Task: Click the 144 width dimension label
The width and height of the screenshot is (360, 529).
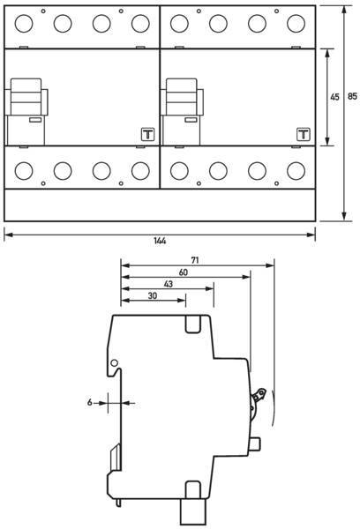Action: coord(160,241)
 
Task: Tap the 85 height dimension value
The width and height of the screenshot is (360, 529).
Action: coord(352,96)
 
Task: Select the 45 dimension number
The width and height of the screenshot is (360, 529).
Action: coord(334,97)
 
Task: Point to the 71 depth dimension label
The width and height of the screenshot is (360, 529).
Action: coord(194,260)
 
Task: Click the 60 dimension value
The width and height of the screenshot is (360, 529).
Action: coord(183,272)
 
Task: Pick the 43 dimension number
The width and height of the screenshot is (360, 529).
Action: coord(169,284)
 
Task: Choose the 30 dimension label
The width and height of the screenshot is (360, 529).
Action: coord(153,296)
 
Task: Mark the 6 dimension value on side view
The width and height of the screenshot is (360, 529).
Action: coord(89,403)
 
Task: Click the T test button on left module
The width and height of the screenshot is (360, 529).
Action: coord(148,134)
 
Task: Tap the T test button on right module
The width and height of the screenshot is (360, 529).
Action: coord(304,134)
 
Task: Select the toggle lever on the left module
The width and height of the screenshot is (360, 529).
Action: coord(26,97)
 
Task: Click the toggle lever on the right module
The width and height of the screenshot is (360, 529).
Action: coord(182,97)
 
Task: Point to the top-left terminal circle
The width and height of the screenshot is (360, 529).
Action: coord(24,24)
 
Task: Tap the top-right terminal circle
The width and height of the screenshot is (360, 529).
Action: coord(296,24)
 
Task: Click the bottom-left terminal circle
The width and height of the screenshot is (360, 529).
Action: coord(24,171)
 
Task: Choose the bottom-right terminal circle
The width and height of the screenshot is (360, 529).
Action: coord(296,171)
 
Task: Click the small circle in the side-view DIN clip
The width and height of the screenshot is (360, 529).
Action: coord(114,363)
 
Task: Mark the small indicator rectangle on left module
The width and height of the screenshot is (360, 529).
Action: coord(35,119)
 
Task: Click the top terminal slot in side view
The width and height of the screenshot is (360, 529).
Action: coord(193,324)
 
